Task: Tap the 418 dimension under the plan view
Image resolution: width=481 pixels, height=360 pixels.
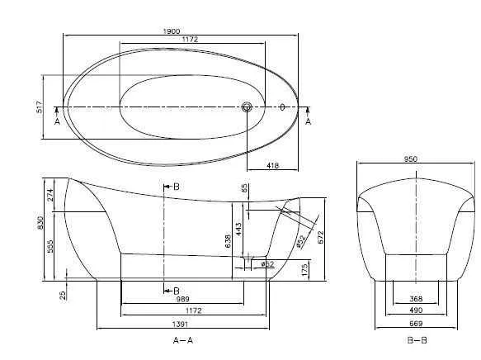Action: pos(272,166)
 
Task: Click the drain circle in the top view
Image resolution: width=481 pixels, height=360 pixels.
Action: pos(246,107)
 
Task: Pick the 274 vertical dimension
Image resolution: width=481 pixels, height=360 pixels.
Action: pos(50,196)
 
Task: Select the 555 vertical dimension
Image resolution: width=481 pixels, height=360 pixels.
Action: pos(50,246)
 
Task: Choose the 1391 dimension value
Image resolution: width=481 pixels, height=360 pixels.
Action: pos(186,326)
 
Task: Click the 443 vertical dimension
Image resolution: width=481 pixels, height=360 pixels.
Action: pos(238,227)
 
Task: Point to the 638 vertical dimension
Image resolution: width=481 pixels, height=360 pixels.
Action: pos(228,240)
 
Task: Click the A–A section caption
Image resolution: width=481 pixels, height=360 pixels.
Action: pos(185,340)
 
